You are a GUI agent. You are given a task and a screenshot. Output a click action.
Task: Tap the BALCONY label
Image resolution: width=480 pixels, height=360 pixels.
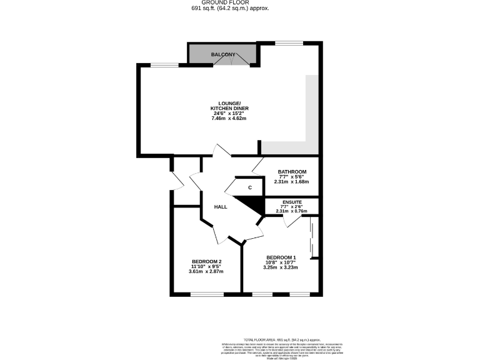pyautogui.click(x=223, y=55)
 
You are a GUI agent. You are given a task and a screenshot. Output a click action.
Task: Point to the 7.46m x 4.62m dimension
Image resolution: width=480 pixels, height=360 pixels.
pyautogui.click(x=229, y=118)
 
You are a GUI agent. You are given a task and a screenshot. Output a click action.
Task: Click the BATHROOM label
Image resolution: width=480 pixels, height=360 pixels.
pyautogui.click(x=292, y=172)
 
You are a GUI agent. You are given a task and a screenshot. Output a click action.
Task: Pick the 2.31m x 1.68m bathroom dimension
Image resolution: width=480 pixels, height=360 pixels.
pyautogui.click(x=292, y=182)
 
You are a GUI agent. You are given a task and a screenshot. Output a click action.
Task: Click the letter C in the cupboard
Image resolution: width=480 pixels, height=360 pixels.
pyautogui.click(x=250, y=187)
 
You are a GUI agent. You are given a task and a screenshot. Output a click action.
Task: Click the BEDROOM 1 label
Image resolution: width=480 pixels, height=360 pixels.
pyautogui.click(x=281, y=257)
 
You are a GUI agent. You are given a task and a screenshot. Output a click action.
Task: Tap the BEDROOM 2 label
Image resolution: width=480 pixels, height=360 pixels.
pyautogui.click(x=206, y=261)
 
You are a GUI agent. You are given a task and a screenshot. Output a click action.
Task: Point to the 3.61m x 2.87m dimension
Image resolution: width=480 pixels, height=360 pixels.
pyautogui.click(x=206, y=271)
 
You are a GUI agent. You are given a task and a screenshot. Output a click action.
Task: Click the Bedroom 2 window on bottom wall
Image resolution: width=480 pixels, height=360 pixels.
pyautogui.click(x=207, y=294)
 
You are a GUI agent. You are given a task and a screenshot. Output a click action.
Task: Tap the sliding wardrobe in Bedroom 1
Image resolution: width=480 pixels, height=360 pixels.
pyautogui.click(x=314, y=237)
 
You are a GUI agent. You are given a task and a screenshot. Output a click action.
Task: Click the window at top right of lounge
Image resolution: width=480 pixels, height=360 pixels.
pyautogui.click(x=289, y=43)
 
